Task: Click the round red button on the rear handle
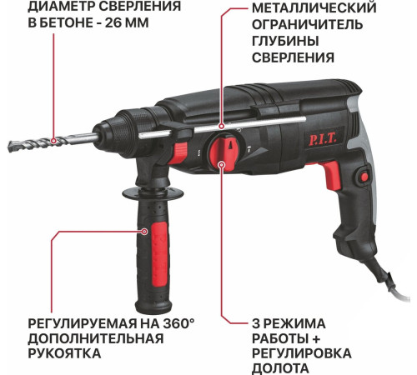coord(363,175)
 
